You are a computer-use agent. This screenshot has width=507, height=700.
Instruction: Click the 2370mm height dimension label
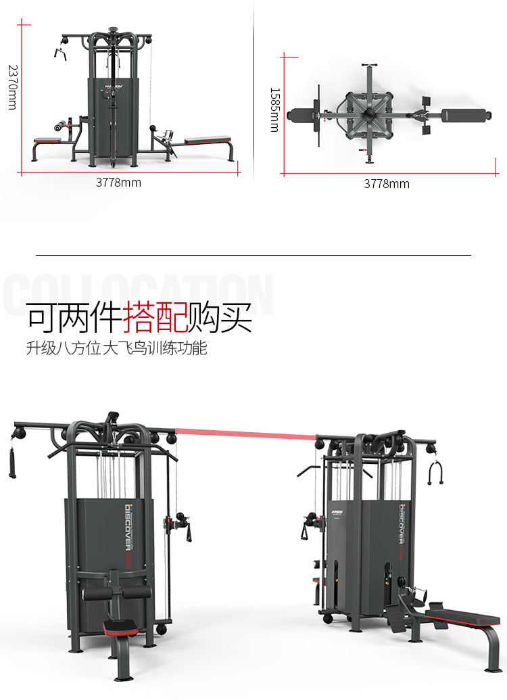tap(11, 87)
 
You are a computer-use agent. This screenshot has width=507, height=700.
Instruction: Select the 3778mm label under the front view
tap(118, 182)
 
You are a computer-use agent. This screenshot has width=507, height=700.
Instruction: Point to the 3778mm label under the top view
tap(387, 183)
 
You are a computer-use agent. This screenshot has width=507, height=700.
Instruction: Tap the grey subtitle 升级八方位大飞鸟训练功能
tap(116, 349)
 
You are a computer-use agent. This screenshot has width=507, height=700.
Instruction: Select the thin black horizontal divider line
tap(253, 255)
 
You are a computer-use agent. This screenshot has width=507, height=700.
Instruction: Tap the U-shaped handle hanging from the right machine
tap(435, 473)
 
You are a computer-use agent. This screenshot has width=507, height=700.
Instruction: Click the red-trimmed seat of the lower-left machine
tap(122, 626)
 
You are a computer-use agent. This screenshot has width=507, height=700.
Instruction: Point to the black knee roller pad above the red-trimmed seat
tap(116, 593)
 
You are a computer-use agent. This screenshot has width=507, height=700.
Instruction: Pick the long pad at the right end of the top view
tap(465, 115)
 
